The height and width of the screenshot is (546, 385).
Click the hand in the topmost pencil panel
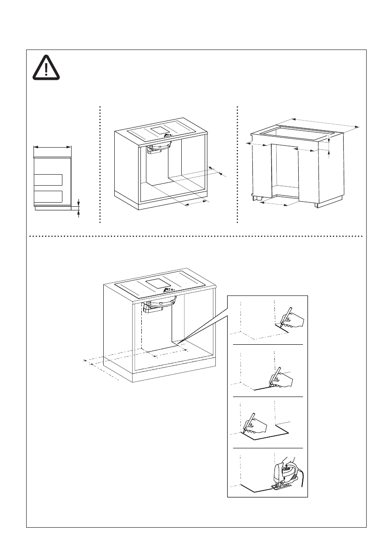point(295,320)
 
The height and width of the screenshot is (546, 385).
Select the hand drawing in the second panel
point(285,379)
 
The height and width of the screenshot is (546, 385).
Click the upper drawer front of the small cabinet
point(48,179)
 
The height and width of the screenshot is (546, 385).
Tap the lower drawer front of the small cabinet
point(48,196)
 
